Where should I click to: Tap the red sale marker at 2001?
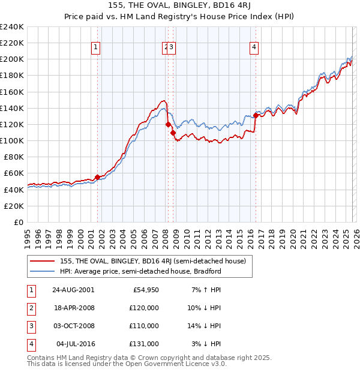tap(97, 177)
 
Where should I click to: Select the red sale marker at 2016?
tap(256, 115)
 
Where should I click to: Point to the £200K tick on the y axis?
tap(12, 59)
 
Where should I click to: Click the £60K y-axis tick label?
tap(14, 173)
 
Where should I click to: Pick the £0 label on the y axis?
tap(19, 222)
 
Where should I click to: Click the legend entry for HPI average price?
tap(140, 271)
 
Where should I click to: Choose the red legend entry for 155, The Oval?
tap(152, 261)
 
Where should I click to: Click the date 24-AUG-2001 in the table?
tap(73, 290)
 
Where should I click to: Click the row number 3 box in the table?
tap(30, 326)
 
